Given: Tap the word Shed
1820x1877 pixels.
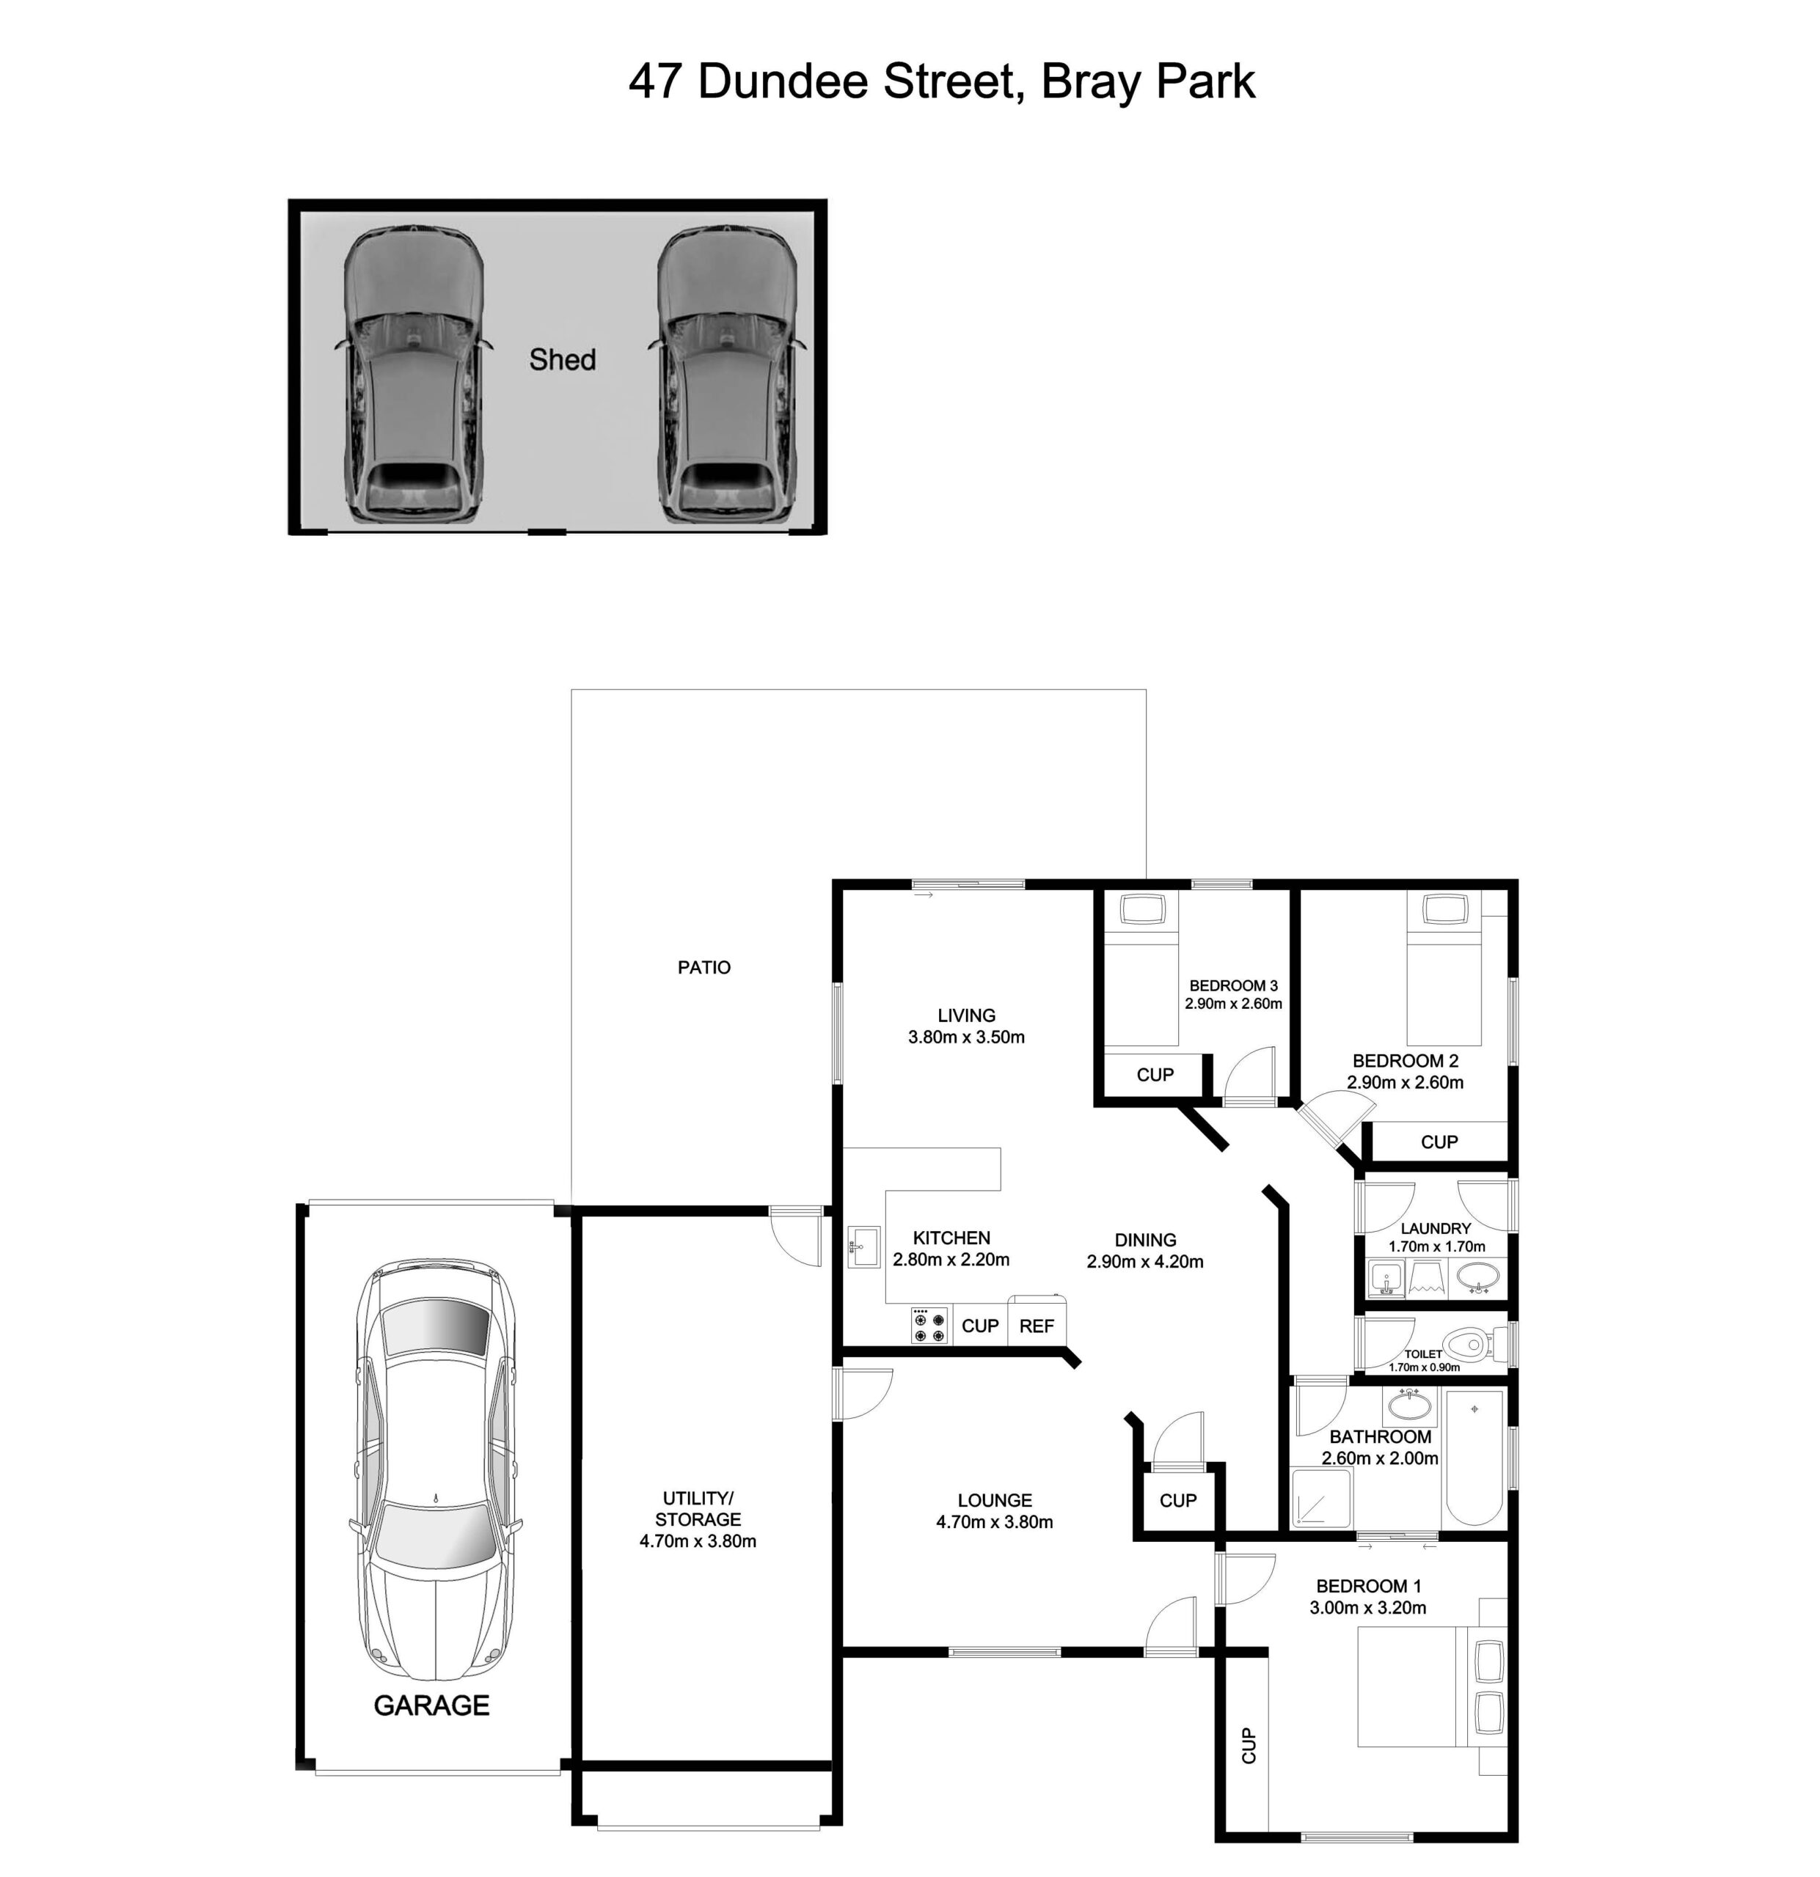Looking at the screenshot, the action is [562, 359].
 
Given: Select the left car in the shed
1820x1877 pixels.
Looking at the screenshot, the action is [413, 375].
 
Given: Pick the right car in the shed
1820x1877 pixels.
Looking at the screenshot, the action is [727, 375].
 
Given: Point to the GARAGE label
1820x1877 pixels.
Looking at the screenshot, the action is [431, 1705].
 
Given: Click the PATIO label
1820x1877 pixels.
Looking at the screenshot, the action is [704, 967].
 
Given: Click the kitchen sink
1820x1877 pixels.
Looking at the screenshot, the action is [864, 1247].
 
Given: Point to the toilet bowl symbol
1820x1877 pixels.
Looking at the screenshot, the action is [1470, 1342].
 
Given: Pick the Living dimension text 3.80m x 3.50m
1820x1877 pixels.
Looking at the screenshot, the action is [967, 1036].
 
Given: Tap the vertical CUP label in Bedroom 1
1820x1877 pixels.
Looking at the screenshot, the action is [1248, 1745].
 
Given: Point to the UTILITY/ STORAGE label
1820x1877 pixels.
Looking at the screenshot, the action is [698, 1508].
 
